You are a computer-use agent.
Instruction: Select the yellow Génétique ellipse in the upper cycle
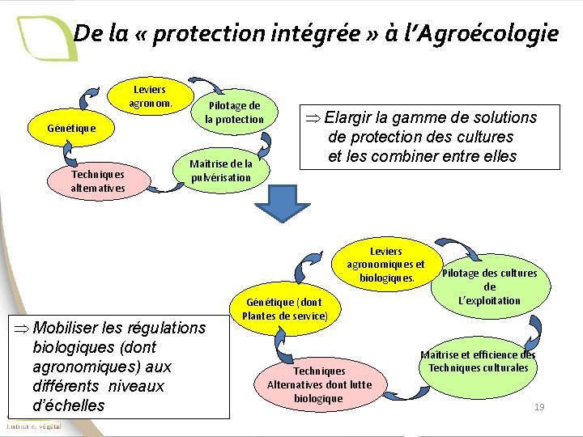[x=71, y=128]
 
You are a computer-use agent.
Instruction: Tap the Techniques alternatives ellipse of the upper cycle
[x=97, y=180]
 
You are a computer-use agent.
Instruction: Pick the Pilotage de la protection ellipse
[x=234, y=112]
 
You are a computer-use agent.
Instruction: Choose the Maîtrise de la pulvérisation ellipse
[x=221, y=170]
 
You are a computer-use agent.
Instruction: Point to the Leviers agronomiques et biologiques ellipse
[x=385, y=265]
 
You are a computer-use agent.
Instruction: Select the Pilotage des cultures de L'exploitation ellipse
[x=490, y=286]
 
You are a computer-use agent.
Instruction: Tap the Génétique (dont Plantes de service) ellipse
[x=284, y=309]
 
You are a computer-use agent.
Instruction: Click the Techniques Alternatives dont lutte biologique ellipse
[x=319, y=382]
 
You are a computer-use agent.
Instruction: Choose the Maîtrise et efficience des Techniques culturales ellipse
[x=478, y=361]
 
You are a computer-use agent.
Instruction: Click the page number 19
[x=539, y=406]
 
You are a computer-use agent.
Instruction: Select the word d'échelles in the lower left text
[x=69, y=405]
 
